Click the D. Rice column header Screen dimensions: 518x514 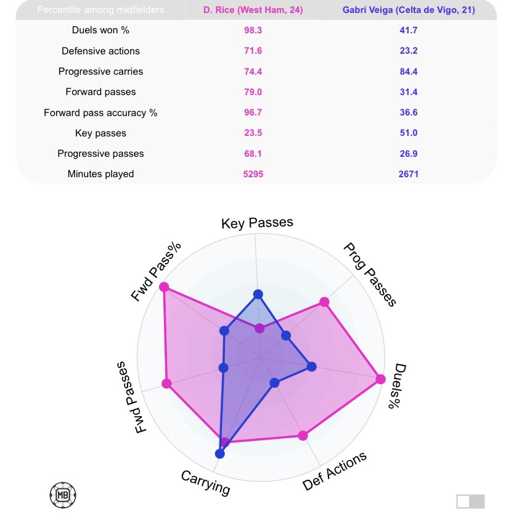tap(253, 10)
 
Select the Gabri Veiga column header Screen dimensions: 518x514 tap(408, 10)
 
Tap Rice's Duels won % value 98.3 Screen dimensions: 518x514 tap(253, 30)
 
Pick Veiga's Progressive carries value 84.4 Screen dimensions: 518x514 tap(408, 71)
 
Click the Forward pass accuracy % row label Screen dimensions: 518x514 tap(100, 112)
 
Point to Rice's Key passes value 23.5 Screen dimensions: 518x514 tap(253, 133)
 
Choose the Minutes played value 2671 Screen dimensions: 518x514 tap(408, 174)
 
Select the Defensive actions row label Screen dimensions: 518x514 tap(100, 51)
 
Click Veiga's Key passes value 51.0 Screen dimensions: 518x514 tap(408, 133)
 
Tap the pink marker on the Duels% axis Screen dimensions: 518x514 tap(380, 379)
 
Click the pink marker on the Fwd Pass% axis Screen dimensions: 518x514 tap(164, 287)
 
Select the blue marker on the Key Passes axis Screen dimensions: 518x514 tap(258, 294)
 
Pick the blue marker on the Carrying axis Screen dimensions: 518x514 tap(220, 454)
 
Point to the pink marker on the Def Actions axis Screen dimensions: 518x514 tap(302, 435)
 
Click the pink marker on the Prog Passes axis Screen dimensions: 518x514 tap(324, 302)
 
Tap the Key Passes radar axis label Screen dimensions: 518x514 tap(257, 223)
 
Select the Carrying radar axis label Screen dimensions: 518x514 tap(205, 483)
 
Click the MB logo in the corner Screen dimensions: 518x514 tap(62, 494)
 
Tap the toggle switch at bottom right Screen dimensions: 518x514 tap(471, 501)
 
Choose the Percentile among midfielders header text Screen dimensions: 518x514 tap(101, 10)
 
